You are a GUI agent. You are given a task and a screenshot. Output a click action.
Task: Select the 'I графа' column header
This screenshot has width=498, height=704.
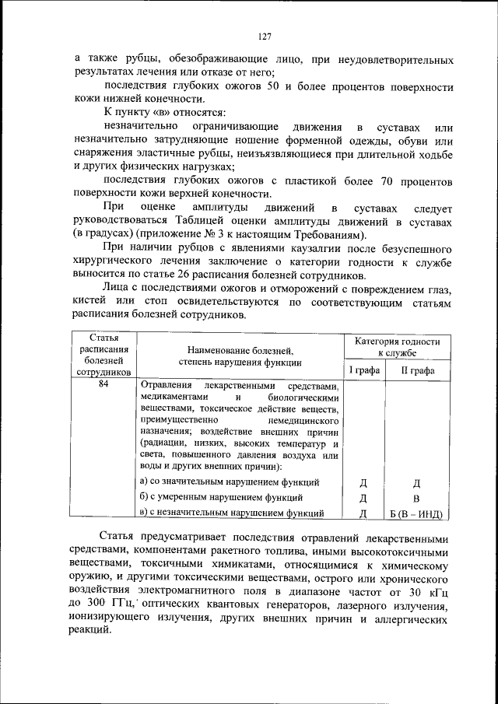[x=363, y=370]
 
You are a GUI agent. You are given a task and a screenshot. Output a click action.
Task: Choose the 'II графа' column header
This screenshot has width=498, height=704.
[x=417, y=370]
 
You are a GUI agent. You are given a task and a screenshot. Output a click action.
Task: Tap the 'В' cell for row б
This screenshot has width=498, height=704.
[x=417, y=498]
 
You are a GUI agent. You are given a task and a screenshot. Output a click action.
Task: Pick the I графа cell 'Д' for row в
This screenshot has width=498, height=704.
[x=363, y=513]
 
